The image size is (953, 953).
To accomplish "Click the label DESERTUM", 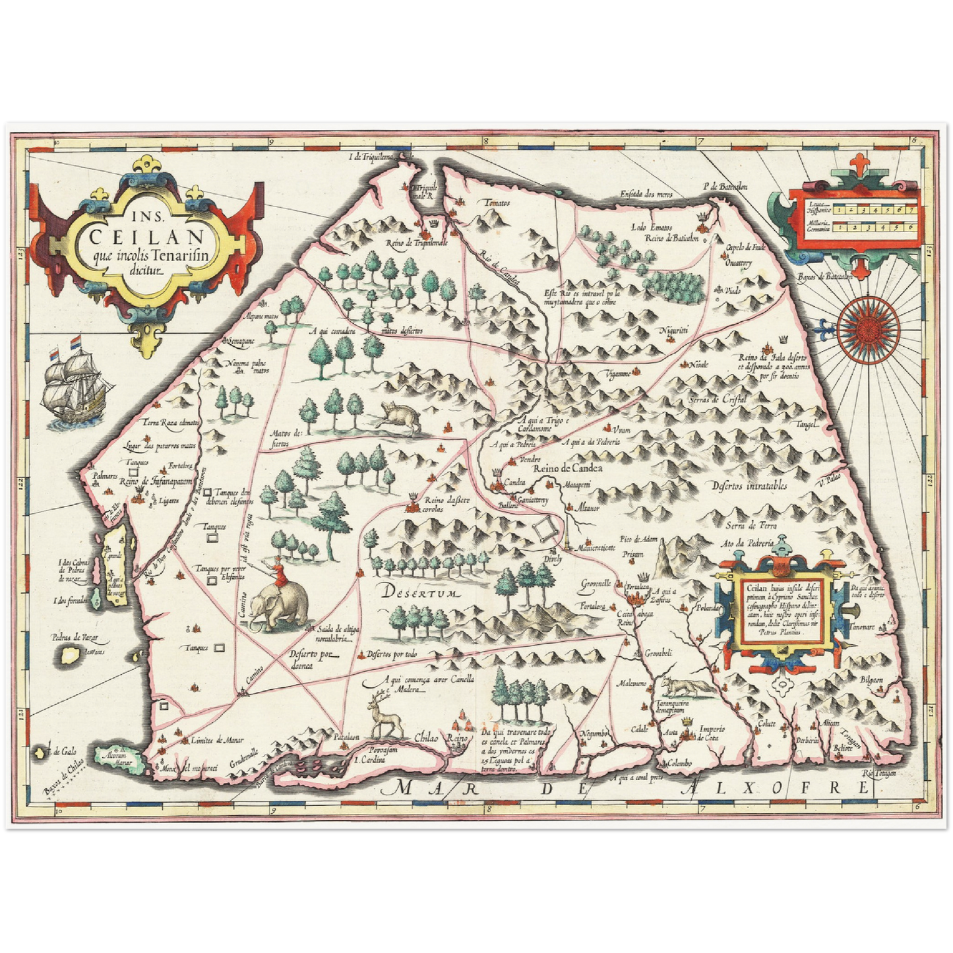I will [417, 592].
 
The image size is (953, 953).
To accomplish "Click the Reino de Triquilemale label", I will [415, 243].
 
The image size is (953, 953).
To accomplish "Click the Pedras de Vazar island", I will [69, 654].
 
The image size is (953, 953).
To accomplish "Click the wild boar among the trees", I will [400, 417].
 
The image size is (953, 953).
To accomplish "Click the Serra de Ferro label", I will [751, 525].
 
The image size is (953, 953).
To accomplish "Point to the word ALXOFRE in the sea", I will [771, 787].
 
